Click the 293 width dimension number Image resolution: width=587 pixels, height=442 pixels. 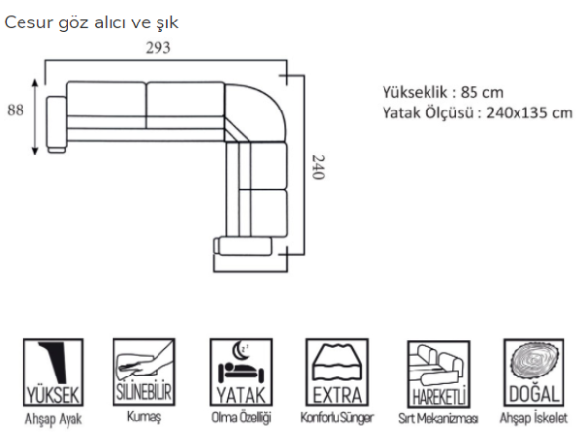pyautogui.click(x=158, y=48)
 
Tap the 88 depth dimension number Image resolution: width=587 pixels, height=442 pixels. pyautogui.click(x=16, y=110)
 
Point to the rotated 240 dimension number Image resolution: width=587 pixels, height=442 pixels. pyautogui.click(x=318, y=167)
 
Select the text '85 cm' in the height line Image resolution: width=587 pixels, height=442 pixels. pyautogui.click(x=481, y=92)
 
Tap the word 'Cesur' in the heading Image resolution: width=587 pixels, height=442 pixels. pyautogui.click(x=28, y=22)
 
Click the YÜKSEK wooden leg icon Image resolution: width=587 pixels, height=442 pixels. pyautogui.click(x=53, y=373)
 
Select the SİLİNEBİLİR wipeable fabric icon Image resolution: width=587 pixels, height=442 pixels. pyautogui.click(x=144, y=372)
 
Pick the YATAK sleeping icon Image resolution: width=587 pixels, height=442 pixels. pyautogui.click(x=242, y=373)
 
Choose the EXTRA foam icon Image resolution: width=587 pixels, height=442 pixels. pyautogui.click(x=338, y=373)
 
